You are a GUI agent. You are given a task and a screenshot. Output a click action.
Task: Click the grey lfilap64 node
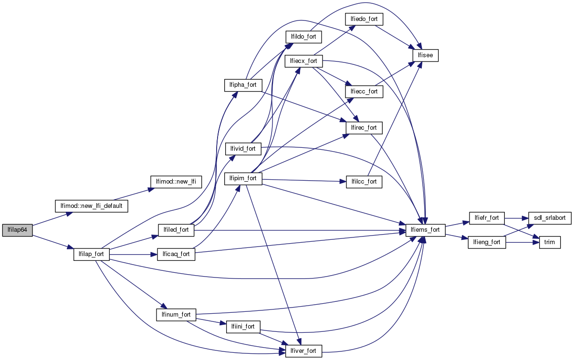pos(17,229)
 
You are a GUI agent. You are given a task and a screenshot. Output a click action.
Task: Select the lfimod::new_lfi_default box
pos(92,206)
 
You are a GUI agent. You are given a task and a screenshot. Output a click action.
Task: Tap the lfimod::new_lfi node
pos(176,182)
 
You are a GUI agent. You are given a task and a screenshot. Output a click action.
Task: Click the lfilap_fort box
pos(92,254)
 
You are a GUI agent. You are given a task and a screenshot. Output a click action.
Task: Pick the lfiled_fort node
pos(176,230)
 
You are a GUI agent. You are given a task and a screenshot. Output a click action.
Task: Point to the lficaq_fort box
pos(176,254)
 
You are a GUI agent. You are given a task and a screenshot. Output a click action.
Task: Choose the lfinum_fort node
pos(176,315)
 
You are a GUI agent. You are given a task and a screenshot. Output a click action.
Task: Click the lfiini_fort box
pos(243,327)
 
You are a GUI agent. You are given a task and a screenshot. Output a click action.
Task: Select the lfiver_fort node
pos(303,351)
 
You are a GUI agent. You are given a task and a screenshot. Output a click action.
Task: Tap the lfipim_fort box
pos(243,179)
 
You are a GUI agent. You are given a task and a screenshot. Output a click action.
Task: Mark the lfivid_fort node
pos(243,148)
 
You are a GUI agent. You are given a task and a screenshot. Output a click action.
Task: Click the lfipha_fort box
pos(243,85)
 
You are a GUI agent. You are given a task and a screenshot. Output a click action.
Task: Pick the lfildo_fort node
pos(303,36)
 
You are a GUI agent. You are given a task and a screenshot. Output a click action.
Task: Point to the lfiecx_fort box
pos(303,61)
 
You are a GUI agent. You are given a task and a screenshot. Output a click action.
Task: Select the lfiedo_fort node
pos(365,19)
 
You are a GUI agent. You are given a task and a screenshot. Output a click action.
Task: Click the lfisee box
pos(425,55)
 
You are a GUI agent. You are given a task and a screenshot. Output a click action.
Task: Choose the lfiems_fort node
pos(425,230)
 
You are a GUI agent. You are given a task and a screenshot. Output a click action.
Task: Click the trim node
pos(550,242)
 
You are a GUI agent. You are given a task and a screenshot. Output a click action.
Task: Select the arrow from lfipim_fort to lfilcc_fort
pos(301,181)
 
